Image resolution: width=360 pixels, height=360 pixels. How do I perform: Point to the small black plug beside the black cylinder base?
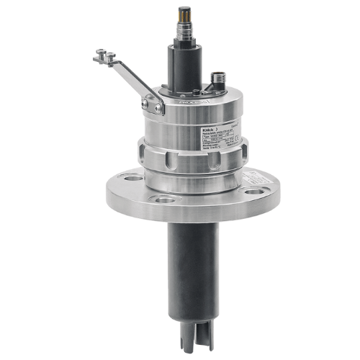tap(199, 87)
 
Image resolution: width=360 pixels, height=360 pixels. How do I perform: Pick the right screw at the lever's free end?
tap(111, 50)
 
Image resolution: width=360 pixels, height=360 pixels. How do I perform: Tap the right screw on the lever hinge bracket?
tap(156, 108)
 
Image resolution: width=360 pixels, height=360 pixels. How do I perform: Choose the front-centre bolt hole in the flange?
tap(165, 199)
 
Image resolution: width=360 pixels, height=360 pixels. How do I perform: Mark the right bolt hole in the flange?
tap(253, 192)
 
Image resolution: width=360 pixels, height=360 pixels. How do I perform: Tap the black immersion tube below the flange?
tap(189, 266)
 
